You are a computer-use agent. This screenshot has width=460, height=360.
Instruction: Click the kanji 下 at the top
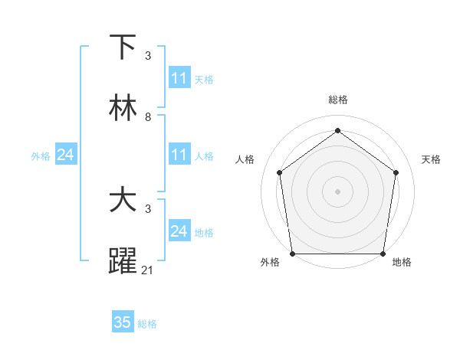[123, 47]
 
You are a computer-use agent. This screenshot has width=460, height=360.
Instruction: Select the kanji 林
[123, 109]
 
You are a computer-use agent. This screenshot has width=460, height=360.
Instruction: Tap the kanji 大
[123, 201]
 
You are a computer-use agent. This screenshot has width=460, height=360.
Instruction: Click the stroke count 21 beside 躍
[148, 270]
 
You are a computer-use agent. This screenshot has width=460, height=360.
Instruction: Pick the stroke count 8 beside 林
[148, 117]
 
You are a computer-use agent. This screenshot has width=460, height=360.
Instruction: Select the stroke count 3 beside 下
[148, 56]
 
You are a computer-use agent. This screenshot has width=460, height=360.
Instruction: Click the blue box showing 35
[123, 322]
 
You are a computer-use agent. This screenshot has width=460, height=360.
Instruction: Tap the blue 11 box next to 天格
[179, 78]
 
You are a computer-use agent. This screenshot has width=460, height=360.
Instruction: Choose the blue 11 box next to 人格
[179, 155]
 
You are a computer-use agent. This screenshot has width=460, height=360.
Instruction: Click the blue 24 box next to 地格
[179, 231]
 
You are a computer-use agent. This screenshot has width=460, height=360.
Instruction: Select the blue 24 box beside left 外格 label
[66, 155]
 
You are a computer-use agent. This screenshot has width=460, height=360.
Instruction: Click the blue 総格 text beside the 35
[147, 324]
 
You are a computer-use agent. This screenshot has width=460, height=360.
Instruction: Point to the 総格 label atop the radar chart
[337, 100]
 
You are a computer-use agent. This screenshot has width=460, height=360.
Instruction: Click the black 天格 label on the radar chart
[431, 159]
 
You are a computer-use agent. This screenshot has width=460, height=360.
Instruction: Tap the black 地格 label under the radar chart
[402, 263]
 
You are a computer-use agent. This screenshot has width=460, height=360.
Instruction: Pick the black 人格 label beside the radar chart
[245, 159]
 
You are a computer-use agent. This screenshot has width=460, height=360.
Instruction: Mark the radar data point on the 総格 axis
[337, 131]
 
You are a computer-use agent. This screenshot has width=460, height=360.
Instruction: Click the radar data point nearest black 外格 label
[292, 254]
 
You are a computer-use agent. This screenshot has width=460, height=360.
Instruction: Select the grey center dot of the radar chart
[337, 191]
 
